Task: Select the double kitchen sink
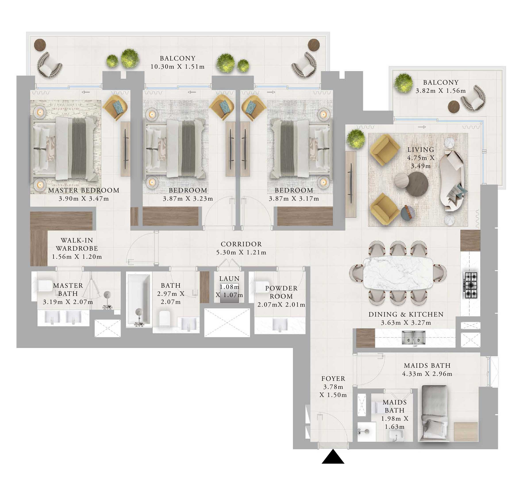(413, 338)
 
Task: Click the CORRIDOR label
(241, 244)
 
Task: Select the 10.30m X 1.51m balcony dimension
(178, 67)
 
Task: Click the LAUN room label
(229, 279)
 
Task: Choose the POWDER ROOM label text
(281, 292)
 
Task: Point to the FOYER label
(333, 378)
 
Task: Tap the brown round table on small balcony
(454, 106)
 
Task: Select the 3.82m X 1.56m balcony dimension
(440, 91)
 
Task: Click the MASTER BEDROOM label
(84, 190)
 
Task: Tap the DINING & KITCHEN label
(406, 314)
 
